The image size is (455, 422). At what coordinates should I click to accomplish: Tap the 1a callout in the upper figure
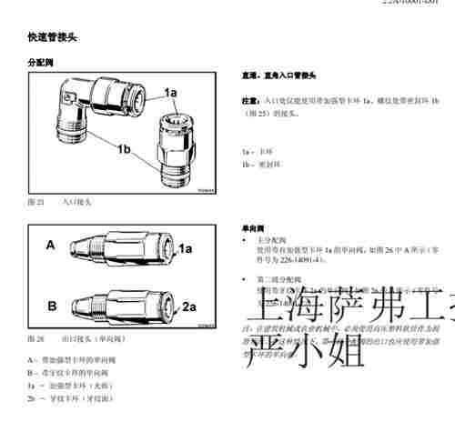point(170,92)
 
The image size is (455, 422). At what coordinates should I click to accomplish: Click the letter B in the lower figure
point(51,305)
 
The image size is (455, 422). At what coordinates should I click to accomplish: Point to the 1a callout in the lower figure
point(185,248)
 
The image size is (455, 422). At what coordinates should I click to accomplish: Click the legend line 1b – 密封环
point(259,164)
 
